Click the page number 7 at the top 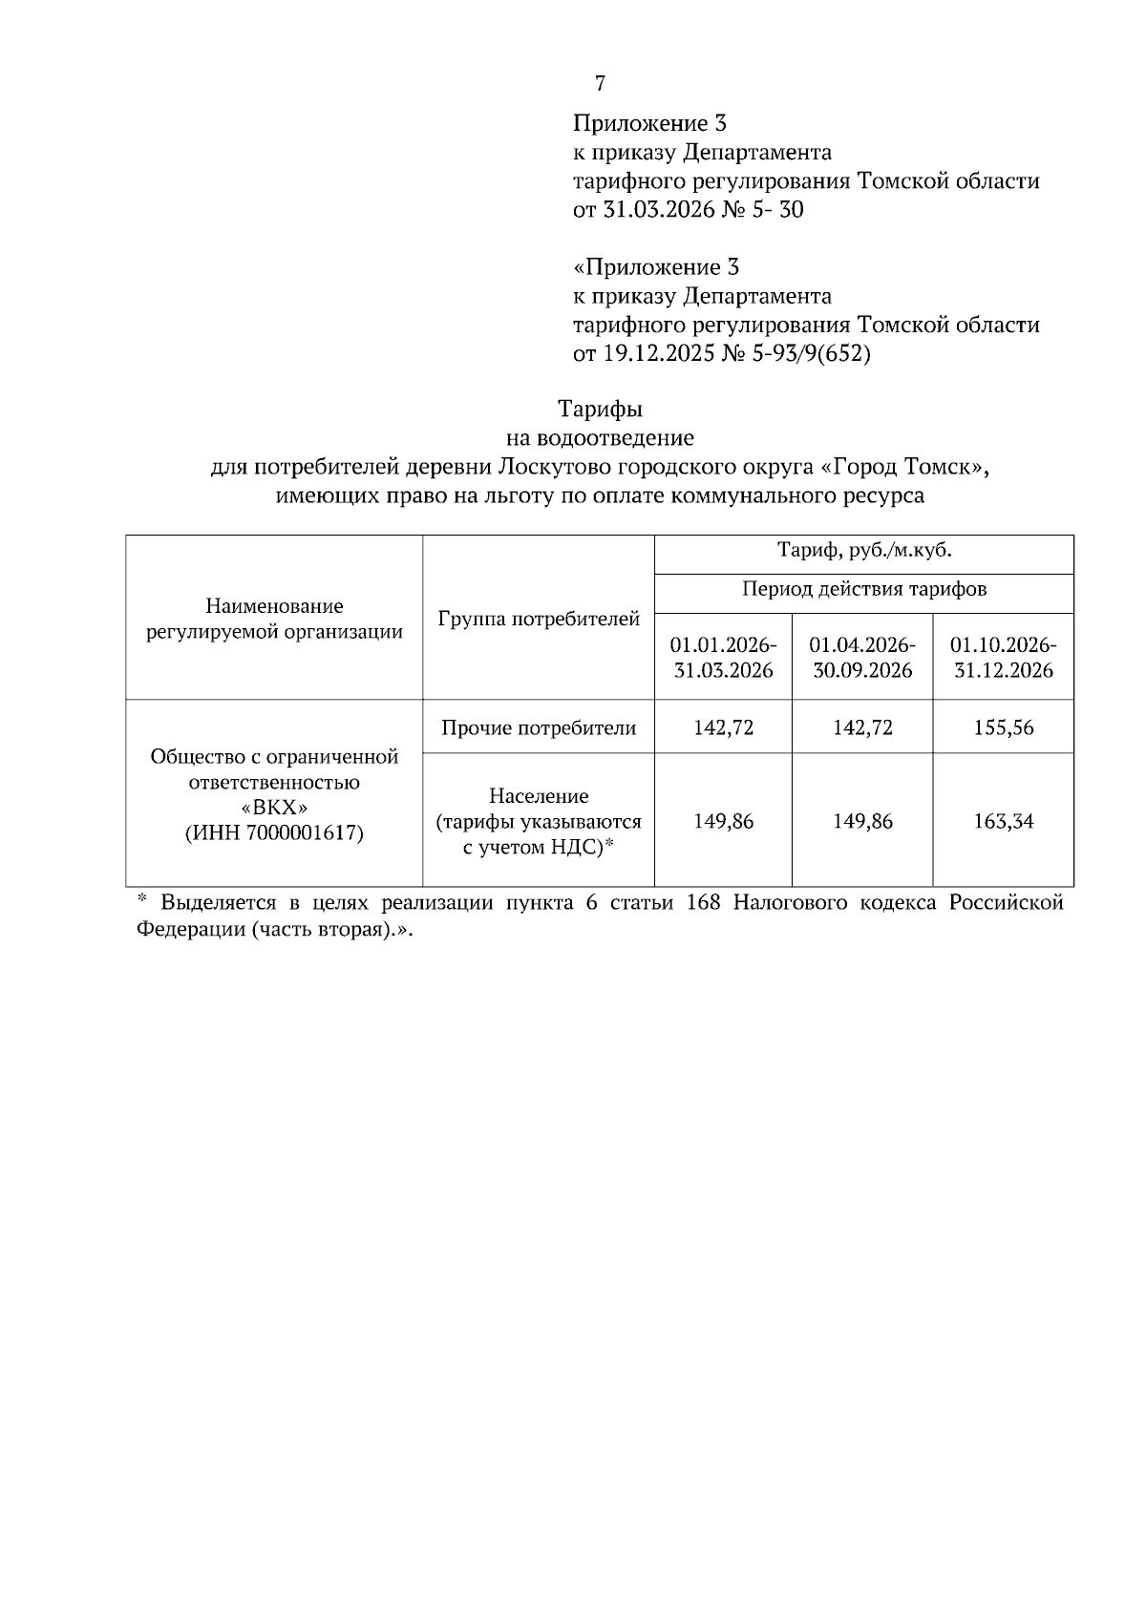(x=600, y=84)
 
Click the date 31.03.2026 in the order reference (x=658, y=210)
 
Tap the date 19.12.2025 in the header (x=658, y=354)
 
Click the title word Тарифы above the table (x=600, y=410)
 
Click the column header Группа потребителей (x=539, y=619)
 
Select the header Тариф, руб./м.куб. (x=864, y=551)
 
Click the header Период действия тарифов (x=864, y=589)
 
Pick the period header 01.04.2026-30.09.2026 (x=862, y=657)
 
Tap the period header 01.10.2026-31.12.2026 (x=1003, y=657)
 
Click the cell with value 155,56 (x=1003, y=727)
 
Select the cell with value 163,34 (x=1003, y=821)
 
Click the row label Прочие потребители (x=539, y=728)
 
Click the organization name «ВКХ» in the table (x=274, y=808)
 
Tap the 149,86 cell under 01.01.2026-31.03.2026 (x=723, y=821)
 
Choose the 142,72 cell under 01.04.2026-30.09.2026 (x=862, y=727)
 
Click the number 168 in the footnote (x=704, y=903)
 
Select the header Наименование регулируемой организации (x=274, y=619)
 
